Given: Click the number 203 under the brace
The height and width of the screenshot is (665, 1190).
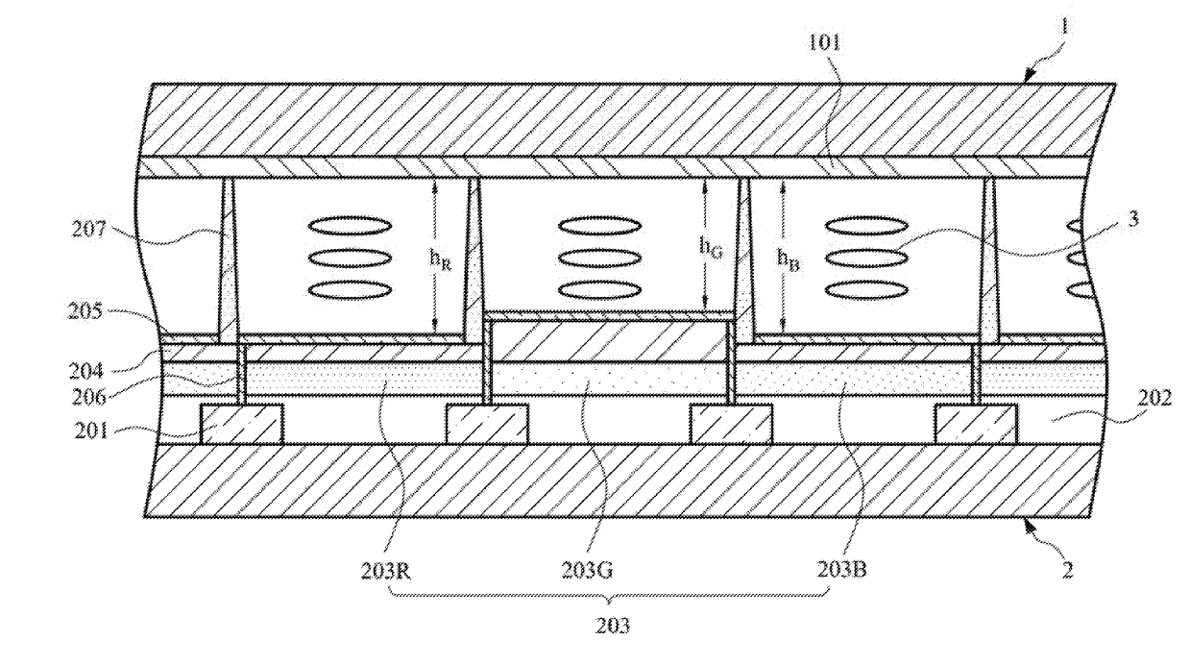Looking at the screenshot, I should (x=612, y=627).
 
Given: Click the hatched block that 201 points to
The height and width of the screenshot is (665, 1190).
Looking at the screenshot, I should (x=241, y=423).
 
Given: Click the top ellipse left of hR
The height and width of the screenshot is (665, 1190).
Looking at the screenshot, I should (x=350, y=226).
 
